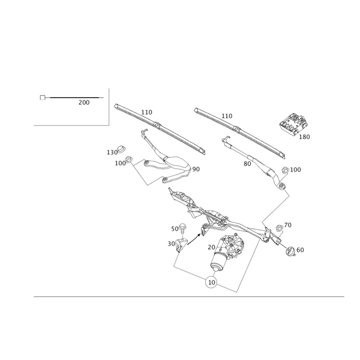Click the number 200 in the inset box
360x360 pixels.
(x=84, y=103)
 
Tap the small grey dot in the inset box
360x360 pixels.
(x=42, y=100)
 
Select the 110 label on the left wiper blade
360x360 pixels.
(x=147, y=112)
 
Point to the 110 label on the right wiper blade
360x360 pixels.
(x=227, y=116)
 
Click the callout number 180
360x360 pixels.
(x=305, y=137)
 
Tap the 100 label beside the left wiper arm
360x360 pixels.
(x=120, y=163)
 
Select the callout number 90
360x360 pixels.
(x=196, y=169)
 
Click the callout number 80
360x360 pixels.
(x=247, y=164)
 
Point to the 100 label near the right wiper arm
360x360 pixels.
(x=295, y=169)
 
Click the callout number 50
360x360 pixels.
(x=174, y=229)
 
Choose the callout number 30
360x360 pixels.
(x=171, y=243)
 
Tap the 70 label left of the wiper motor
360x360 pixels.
(x=211, y=247)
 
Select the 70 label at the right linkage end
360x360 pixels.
(x=288, y=224)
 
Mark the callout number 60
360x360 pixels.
(x=300, y=250)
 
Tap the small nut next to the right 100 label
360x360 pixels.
(x=285, y=170)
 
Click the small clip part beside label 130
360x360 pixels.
(x=121, y=148)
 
